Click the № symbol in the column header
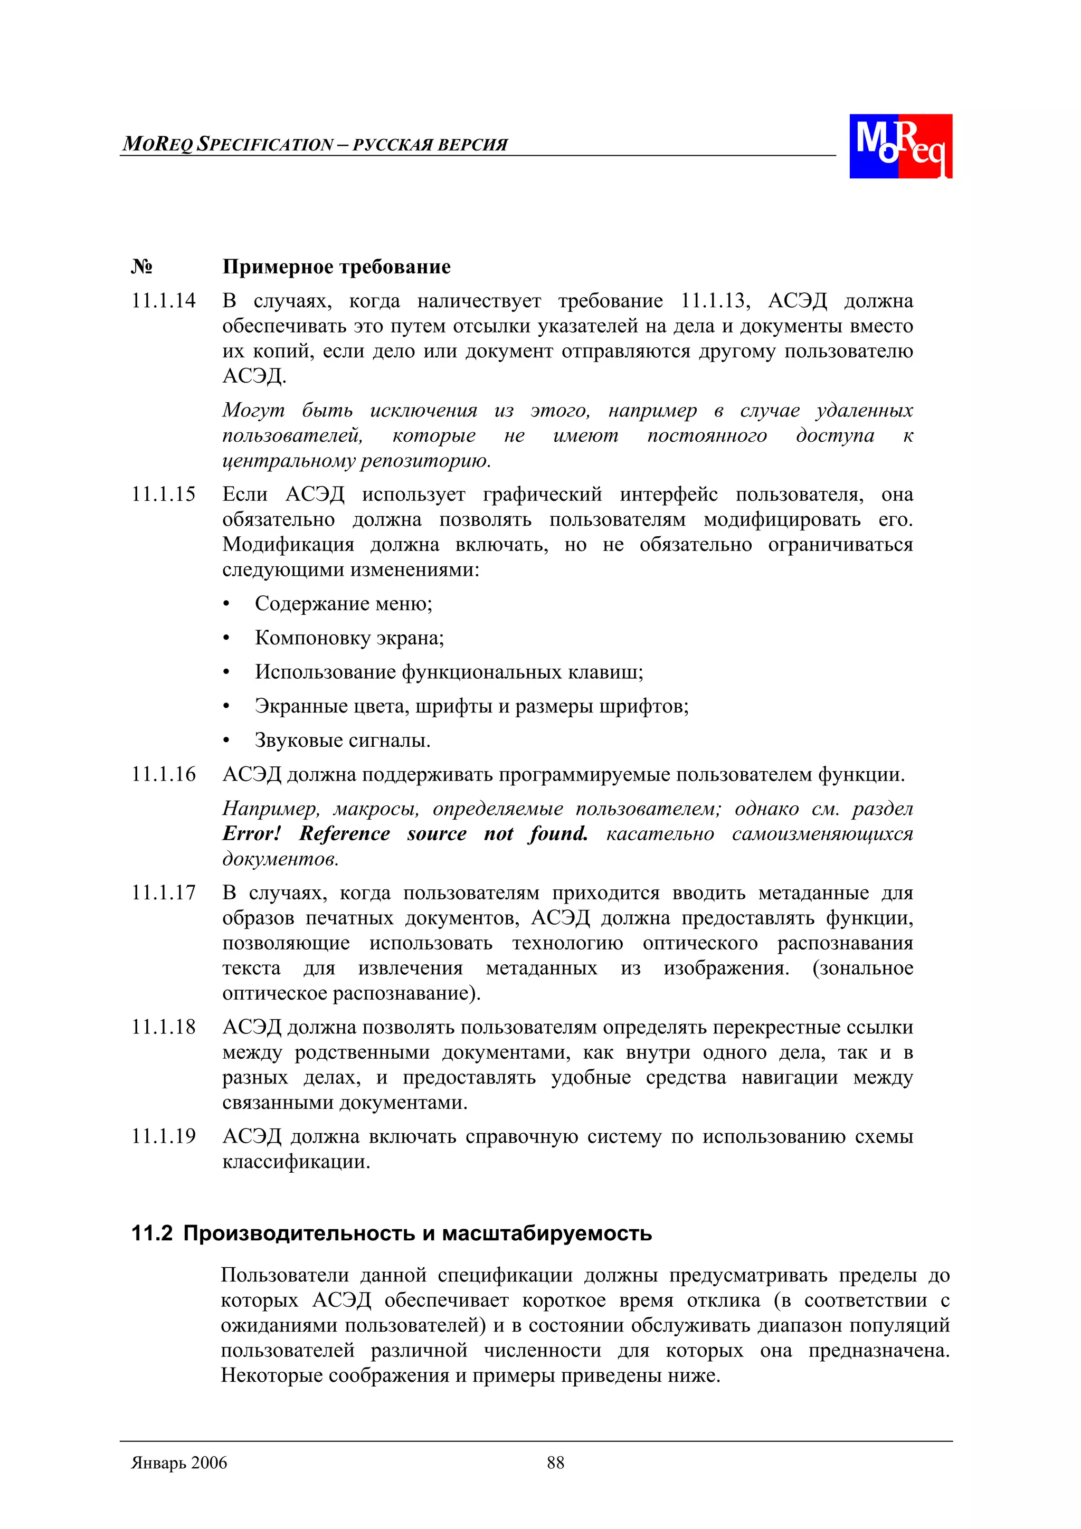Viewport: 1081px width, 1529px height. point(141,267)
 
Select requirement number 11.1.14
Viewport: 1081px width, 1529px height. point(163,301)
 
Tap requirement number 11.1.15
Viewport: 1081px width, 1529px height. point(163,494)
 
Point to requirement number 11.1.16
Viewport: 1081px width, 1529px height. point(163,774)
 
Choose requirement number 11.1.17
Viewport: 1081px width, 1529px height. point(163,893)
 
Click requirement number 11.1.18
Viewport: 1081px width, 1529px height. point(163,1028)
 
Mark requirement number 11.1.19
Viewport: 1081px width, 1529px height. point(163,1136)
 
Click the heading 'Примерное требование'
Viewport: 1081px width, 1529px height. point(336,267)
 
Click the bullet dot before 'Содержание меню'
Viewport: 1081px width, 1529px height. point(226,605)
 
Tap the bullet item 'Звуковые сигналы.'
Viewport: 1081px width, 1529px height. point(343,740)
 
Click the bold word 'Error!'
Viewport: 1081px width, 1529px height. point(252,834)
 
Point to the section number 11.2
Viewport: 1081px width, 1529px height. point(152,1233)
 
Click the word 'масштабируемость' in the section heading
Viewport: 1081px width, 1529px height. point(547,1233)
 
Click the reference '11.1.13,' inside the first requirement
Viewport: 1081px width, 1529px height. point(715,301)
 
